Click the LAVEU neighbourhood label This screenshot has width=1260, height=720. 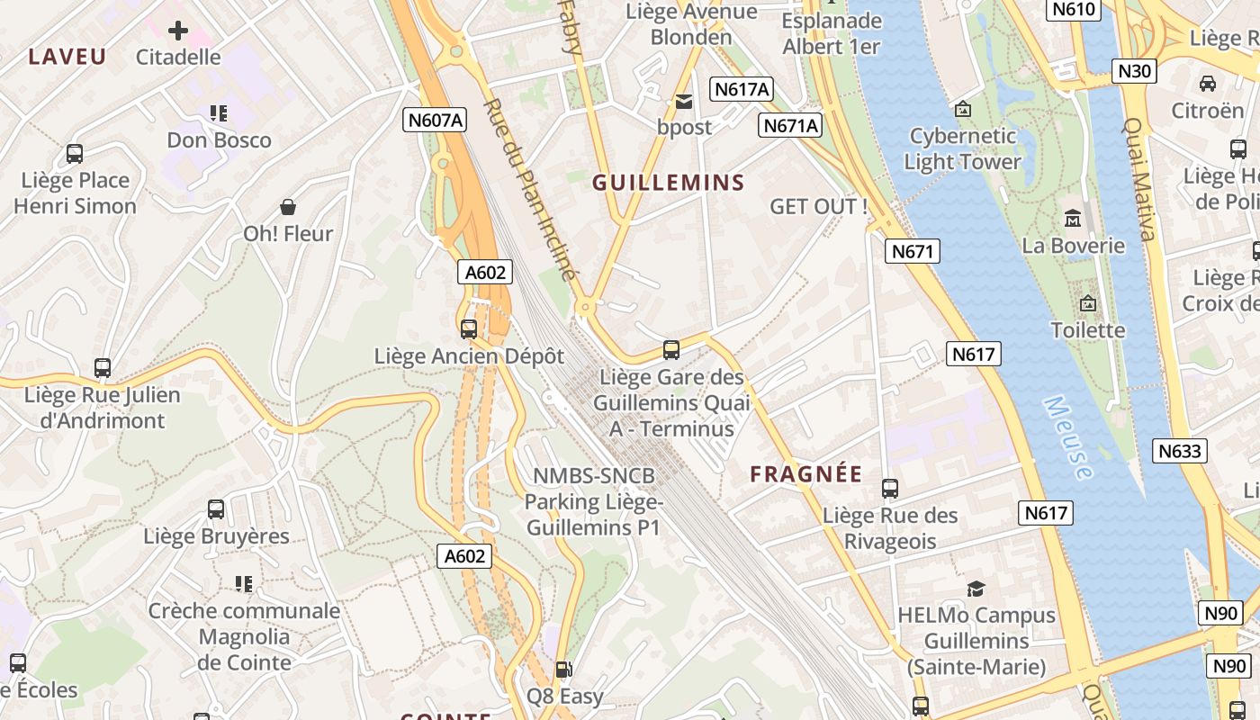(67, 57)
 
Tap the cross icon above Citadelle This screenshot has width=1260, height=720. (178, 31)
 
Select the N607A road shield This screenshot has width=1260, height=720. (436, 120)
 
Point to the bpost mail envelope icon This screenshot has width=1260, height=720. (684, 102)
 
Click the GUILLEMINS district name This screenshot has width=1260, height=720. (669, 183)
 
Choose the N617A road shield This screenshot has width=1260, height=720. (742, 88)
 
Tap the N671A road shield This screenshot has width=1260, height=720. (791, 125)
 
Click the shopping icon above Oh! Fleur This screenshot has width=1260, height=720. (288, 207)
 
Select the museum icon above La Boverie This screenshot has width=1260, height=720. (1073, 219)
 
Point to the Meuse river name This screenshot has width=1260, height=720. (1069, 437)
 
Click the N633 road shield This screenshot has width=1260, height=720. (1180, 451)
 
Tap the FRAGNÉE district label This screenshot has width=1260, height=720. (806, 474)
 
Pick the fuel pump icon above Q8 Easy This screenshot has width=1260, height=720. (564, 670)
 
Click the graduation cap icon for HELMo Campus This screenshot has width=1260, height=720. (976, 589)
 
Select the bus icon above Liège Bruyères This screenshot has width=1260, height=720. (216, 509)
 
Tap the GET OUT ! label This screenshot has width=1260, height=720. (819, 206)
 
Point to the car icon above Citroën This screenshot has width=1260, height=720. (1208, 84)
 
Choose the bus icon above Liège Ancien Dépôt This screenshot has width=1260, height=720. (469, 329)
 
